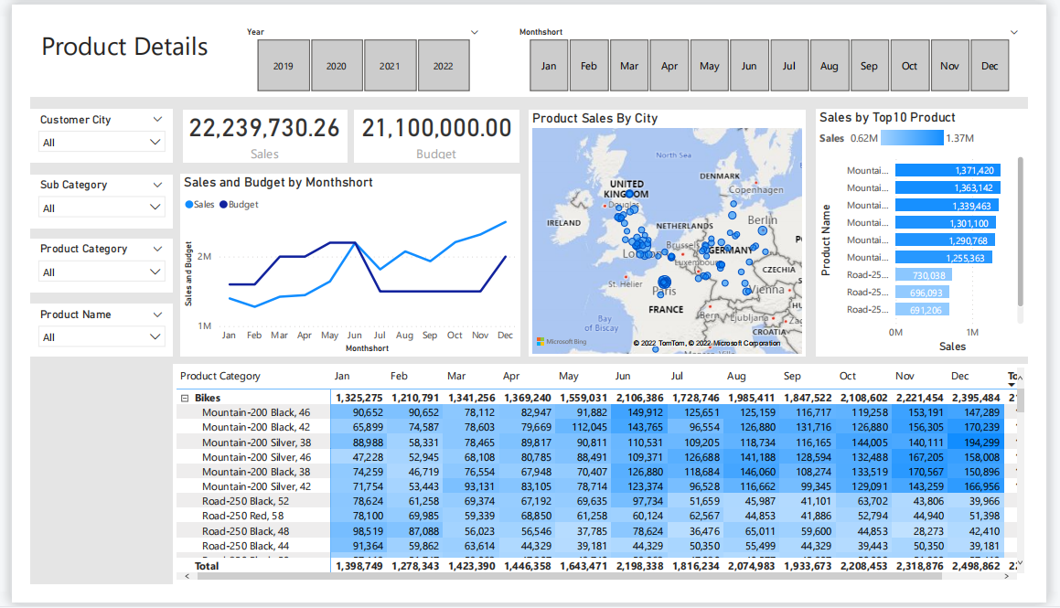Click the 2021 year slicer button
click(391, 66)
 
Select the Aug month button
click(830, 66)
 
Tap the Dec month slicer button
click(990, 66)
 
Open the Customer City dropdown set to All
click(102, 143)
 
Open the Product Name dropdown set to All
click(102, 337)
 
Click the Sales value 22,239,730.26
click(264, 129)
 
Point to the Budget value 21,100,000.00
click(436, 129)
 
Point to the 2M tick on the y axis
click(204, 257)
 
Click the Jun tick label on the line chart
click(354, 336)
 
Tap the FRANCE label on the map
click(666, 310)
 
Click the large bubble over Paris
click(665, 283)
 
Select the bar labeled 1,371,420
click(948, 170)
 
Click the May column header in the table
click(568, 376)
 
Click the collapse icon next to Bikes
click(185, 398)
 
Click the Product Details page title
click(124, 48)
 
